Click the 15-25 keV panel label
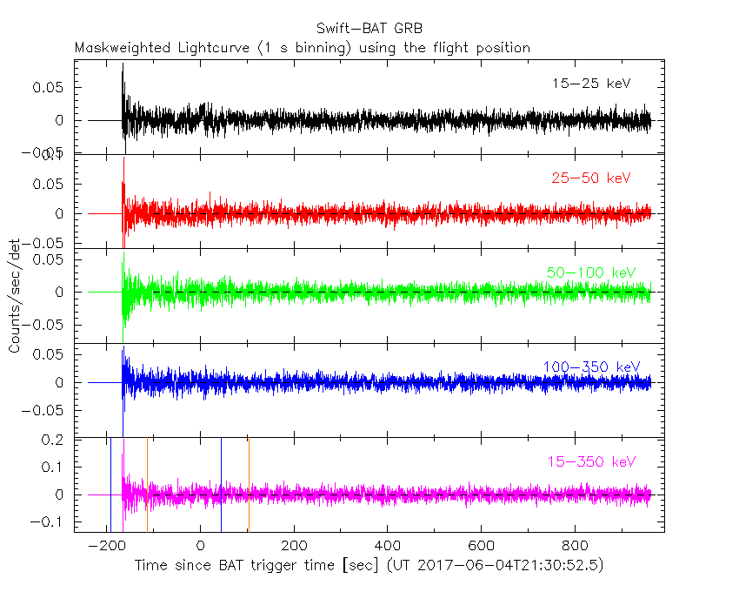point(590,84)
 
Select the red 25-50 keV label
point(590,178)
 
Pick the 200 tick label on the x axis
point(294,546)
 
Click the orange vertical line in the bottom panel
point(249,483)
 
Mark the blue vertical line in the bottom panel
point(221,483)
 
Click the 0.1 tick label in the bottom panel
point(56,468)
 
